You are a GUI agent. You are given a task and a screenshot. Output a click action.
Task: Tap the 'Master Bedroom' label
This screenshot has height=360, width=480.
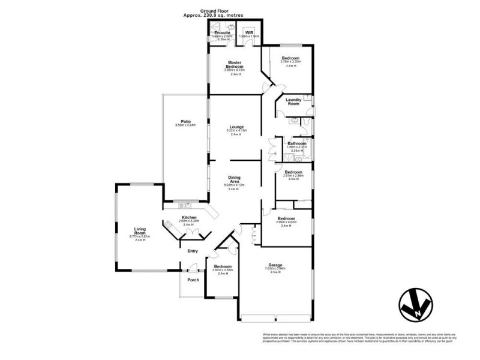tap(233, 64)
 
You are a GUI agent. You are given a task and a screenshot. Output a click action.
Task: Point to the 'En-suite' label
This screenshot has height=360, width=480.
tap(222, 32)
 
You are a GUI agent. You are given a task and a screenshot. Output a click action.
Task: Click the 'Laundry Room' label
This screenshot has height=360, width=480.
tap(293, 101)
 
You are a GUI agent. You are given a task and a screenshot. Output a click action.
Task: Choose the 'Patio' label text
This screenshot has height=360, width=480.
tap(186, 121)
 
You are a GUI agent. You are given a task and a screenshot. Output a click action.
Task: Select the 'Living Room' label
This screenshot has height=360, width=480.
tap(142, 231)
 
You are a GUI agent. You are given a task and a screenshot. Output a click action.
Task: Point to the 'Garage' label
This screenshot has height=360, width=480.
tap(277, 263)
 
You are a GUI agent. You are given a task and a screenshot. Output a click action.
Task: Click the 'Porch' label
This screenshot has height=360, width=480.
tap(193, 280)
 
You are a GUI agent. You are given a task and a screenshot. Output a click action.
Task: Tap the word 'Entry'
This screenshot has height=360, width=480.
tap(193, 251)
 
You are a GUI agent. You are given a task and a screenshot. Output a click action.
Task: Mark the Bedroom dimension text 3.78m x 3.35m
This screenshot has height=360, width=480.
tap(291, 61)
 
